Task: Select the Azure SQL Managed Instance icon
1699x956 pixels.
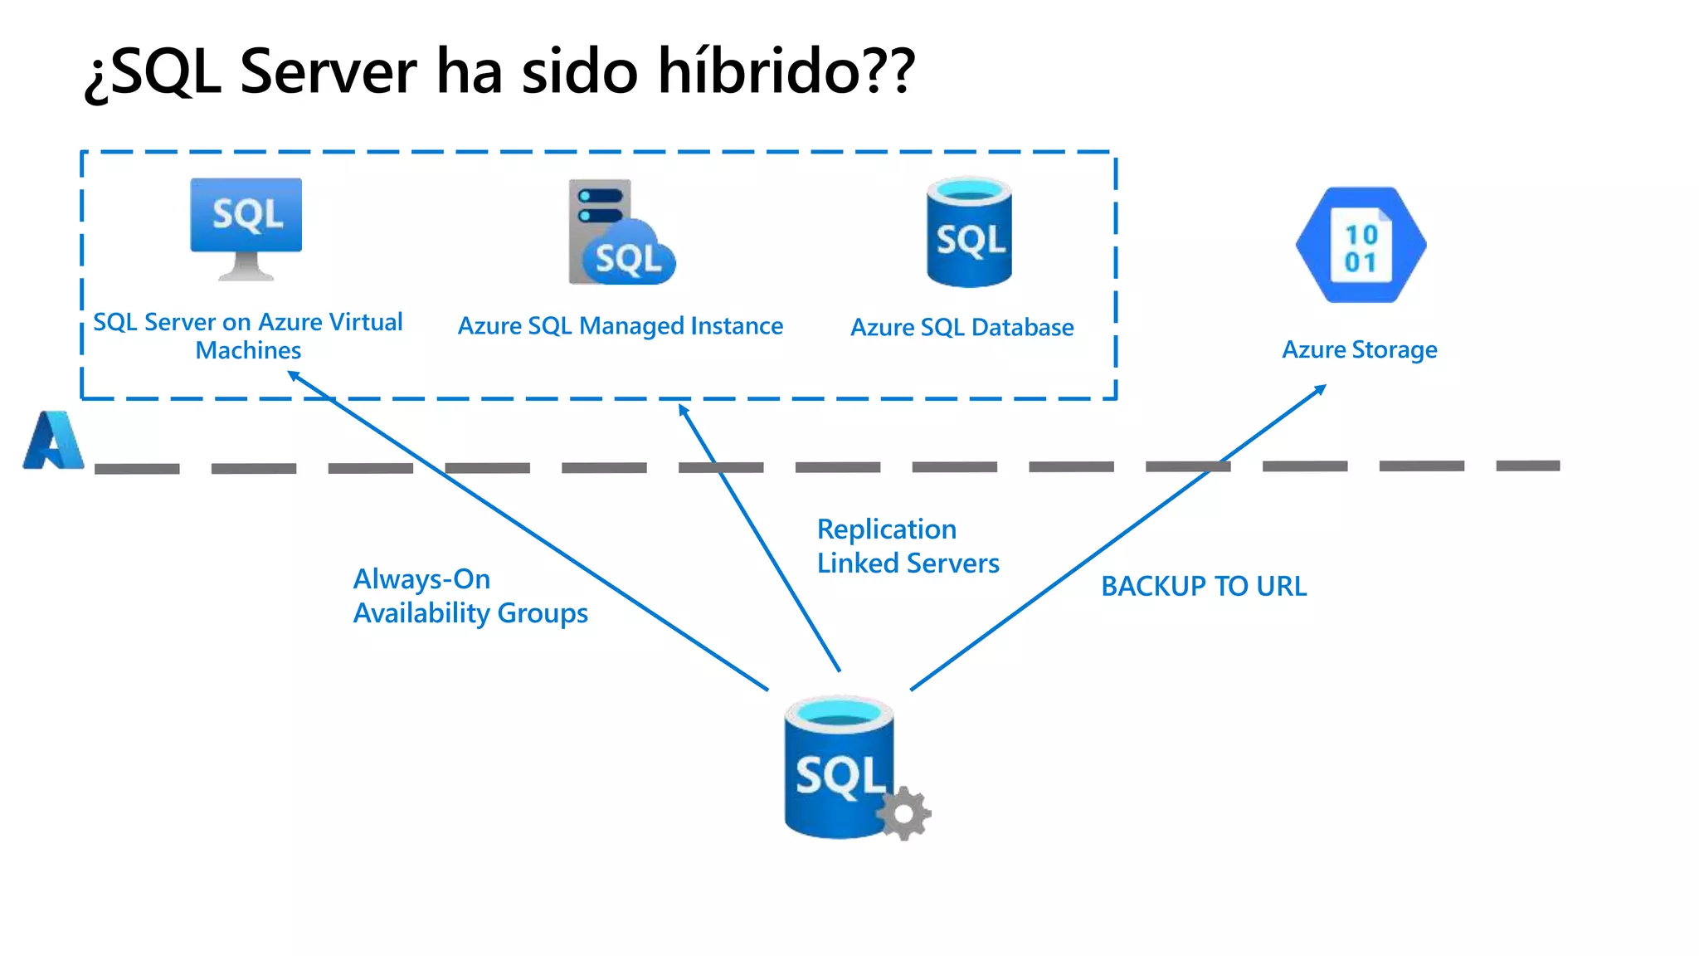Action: point(621,233)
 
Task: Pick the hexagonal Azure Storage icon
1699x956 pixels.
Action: point(1361,246)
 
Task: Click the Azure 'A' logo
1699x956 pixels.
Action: point(53,441)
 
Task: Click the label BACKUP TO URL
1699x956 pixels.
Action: point(1203,587)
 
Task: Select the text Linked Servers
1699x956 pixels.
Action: point(908,563)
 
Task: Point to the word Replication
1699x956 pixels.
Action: point(886,529)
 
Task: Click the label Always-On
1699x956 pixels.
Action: point(421,579)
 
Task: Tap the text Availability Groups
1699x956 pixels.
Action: point(470,613)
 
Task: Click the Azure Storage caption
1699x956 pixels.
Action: point(1359,349)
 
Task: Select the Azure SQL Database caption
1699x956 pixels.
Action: point(961,328)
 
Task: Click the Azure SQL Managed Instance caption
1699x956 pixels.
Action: point(620,326)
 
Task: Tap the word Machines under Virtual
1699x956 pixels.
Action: point(248,351)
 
